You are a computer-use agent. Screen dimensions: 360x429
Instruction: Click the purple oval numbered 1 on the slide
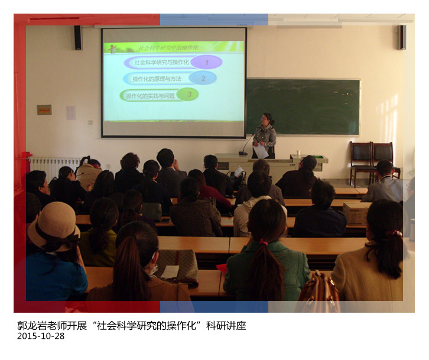206,62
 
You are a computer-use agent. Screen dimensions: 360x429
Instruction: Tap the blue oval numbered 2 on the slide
203,78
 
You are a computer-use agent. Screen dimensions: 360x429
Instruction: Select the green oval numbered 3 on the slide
188,94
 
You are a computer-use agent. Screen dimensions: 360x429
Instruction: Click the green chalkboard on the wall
303,107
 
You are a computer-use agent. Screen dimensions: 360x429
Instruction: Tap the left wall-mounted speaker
78,37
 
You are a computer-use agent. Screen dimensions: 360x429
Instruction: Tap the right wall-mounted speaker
402,37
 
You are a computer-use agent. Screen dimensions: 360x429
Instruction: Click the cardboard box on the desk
356,212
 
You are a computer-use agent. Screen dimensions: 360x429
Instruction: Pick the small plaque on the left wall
44,109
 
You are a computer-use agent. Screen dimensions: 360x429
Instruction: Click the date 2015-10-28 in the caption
41,336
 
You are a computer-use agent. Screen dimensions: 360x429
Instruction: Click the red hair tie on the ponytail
264,241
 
